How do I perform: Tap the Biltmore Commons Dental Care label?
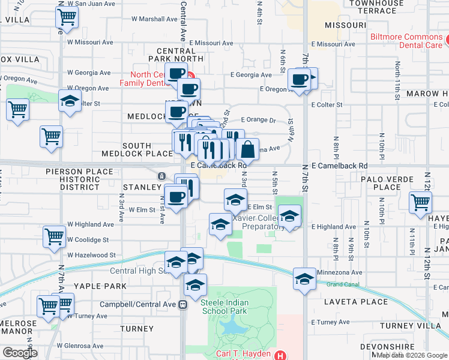(x=409, y=41)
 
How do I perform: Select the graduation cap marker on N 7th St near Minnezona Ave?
(x=304, y=279)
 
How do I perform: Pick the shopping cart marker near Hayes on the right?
(x=420, y=202)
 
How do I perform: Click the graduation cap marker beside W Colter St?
(x=70, y=101)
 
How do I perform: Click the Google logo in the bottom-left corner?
(x=19, y=353)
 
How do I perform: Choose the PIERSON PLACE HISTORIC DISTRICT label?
(x=79, y=179)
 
